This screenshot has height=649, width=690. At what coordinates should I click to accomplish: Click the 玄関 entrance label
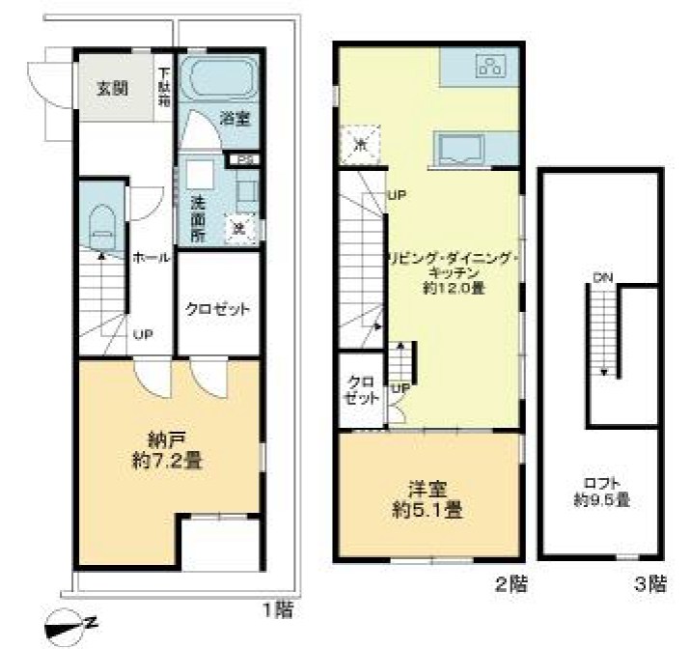[112, 89]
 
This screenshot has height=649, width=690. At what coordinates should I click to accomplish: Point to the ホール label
[152, 258]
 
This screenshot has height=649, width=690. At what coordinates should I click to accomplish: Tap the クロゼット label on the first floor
[218, 309]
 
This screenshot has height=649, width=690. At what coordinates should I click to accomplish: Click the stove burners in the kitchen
[488, 67]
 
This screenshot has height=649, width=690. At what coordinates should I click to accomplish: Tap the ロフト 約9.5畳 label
[601, 492]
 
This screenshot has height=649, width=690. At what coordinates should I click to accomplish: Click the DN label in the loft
[603, 278]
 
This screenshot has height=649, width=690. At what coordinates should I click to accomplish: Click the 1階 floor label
[277, 609]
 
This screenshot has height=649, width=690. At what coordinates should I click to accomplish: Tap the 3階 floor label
[650, 583]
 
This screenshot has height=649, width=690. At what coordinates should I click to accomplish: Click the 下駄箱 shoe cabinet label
[165, 85]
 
